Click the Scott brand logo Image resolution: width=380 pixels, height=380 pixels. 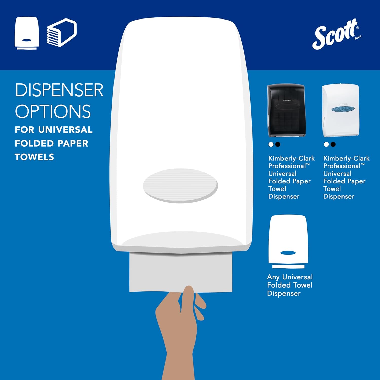(x=336, y=34)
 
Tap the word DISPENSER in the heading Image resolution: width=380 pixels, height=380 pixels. (x=59, y=90)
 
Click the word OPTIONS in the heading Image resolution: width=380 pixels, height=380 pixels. (x=53, y=111)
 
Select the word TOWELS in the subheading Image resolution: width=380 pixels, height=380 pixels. (x=34, y=157)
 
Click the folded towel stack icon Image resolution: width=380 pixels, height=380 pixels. (x=62, y=33)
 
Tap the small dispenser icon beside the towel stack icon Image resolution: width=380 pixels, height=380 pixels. (x=27, y=33)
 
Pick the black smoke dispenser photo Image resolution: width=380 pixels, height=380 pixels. (x=286, y=110)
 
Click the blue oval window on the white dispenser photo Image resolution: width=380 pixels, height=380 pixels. (x=343, y=109)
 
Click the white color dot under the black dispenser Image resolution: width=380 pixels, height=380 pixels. (x=271, y=144)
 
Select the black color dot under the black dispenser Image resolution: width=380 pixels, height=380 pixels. (x=278, y=144)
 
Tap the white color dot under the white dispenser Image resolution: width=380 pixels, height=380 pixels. (x=326, y=144)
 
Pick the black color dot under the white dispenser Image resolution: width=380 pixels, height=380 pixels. (x=333, y=144)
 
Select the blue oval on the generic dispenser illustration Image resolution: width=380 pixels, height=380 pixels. (x=288, y=253)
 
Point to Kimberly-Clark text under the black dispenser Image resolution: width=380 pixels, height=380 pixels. (x=291, y=158)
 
